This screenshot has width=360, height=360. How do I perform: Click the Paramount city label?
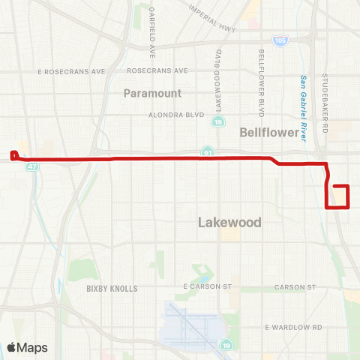coord(153,93)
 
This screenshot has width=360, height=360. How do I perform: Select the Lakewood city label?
coord(229,223)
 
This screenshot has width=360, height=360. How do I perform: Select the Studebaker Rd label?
coord(325,97)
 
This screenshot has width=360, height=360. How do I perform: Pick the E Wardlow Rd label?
coord(293,328)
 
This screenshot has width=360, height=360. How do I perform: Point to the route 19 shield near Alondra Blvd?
coord(217,121)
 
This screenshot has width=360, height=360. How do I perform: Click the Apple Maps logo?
coord(28,347)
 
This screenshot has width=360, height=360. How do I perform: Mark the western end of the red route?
coord(13,155)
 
